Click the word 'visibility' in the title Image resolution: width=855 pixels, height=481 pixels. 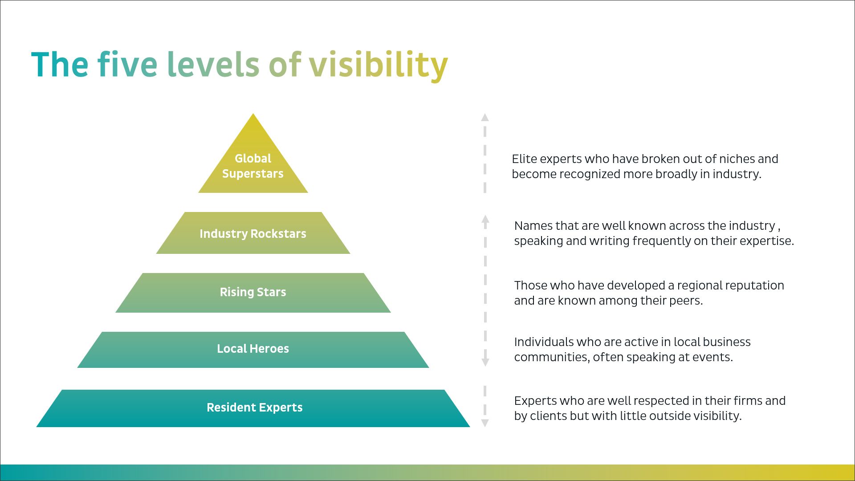click(x=379, y=65)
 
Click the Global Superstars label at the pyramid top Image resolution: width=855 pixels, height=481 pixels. click(x=253, y=166)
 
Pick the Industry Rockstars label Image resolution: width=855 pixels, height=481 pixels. click(x=253, y=234)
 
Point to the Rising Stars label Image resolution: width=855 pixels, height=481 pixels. click(x=253, y=292)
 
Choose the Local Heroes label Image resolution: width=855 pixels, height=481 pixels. click(x=253, y=349)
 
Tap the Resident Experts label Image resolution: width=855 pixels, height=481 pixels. click(x=255, y=408)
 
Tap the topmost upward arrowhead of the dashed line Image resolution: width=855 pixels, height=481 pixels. click(x=485, y=117)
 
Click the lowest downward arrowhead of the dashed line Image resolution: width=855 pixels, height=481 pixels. click(x=485, y=423)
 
